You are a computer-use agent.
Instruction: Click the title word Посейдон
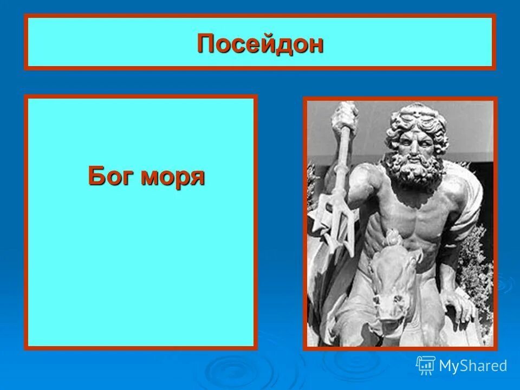point(260,43)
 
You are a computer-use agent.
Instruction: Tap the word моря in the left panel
point(173,177)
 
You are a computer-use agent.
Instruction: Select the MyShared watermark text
point(473,366)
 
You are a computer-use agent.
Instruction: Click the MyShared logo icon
point(426,365)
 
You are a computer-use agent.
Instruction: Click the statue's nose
point(413,145)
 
